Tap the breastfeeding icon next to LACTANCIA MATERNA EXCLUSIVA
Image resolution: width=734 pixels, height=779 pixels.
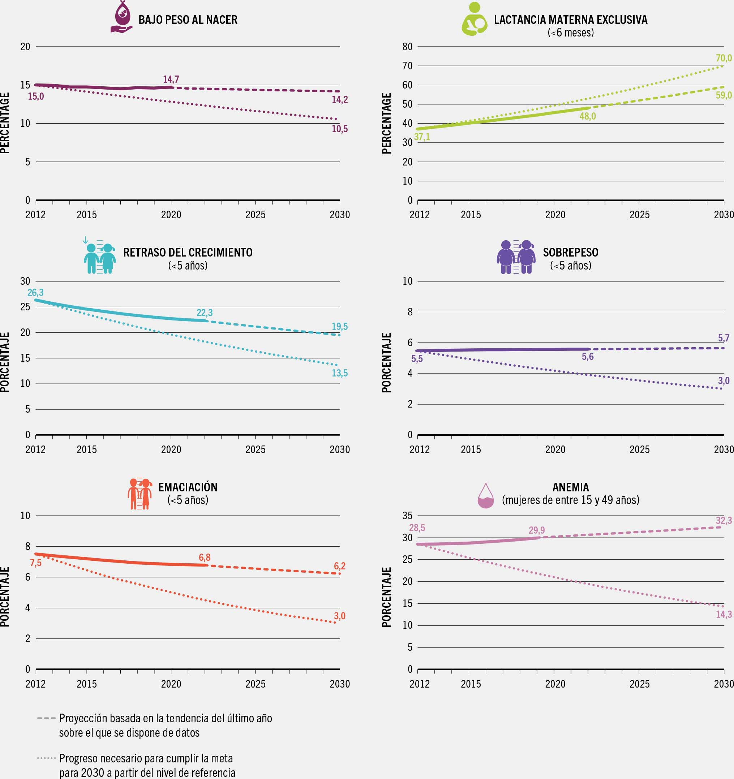click(474, 20)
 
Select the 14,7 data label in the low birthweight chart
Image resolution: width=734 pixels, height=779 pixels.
click(171, 79)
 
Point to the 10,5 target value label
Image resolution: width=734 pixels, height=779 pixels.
click(339, 129)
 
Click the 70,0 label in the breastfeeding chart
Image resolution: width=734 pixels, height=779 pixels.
click(724, 59)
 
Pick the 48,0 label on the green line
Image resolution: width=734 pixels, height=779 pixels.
click(587, 116)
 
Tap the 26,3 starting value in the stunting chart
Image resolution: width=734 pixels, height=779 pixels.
click(35, 293)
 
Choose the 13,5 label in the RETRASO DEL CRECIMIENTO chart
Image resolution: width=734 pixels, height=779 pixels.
click(339, 373)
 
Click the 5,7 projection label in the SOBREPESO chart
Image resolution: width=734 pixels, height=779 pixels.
click(724, 338)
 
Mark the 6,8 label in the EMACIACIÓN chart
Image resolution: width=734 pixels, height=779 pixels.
click(205, 557)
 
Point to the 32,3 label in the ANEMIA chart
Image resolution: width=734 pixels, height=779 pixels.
click(724, 521)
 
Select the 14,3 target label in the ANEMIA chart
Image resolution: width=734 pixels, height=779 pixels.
click(724, 615)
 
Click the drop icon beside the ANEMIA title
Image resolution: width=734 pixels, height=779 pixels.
click(486, 496)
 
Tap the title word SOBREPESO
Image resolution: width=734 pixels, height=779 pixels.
click(570, 252)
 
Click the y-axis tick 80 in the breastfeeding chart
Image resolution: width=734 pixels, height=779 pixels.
click(408, 47)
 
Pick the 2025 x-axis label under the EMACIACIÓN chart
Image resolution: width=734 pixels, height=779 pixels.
click(255, 684)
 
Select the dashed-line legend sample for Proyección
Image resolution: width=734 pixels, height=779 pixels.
click(46, 719)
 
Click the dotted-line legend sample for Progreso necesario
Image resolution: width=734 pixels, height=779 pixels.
click(46, 758)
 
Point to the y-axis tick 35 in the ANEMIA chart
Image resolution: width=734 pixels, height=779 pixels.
click(408, 516)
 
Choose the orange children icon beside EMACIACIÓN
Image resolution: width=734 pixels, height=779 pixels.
click(139, 494)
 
